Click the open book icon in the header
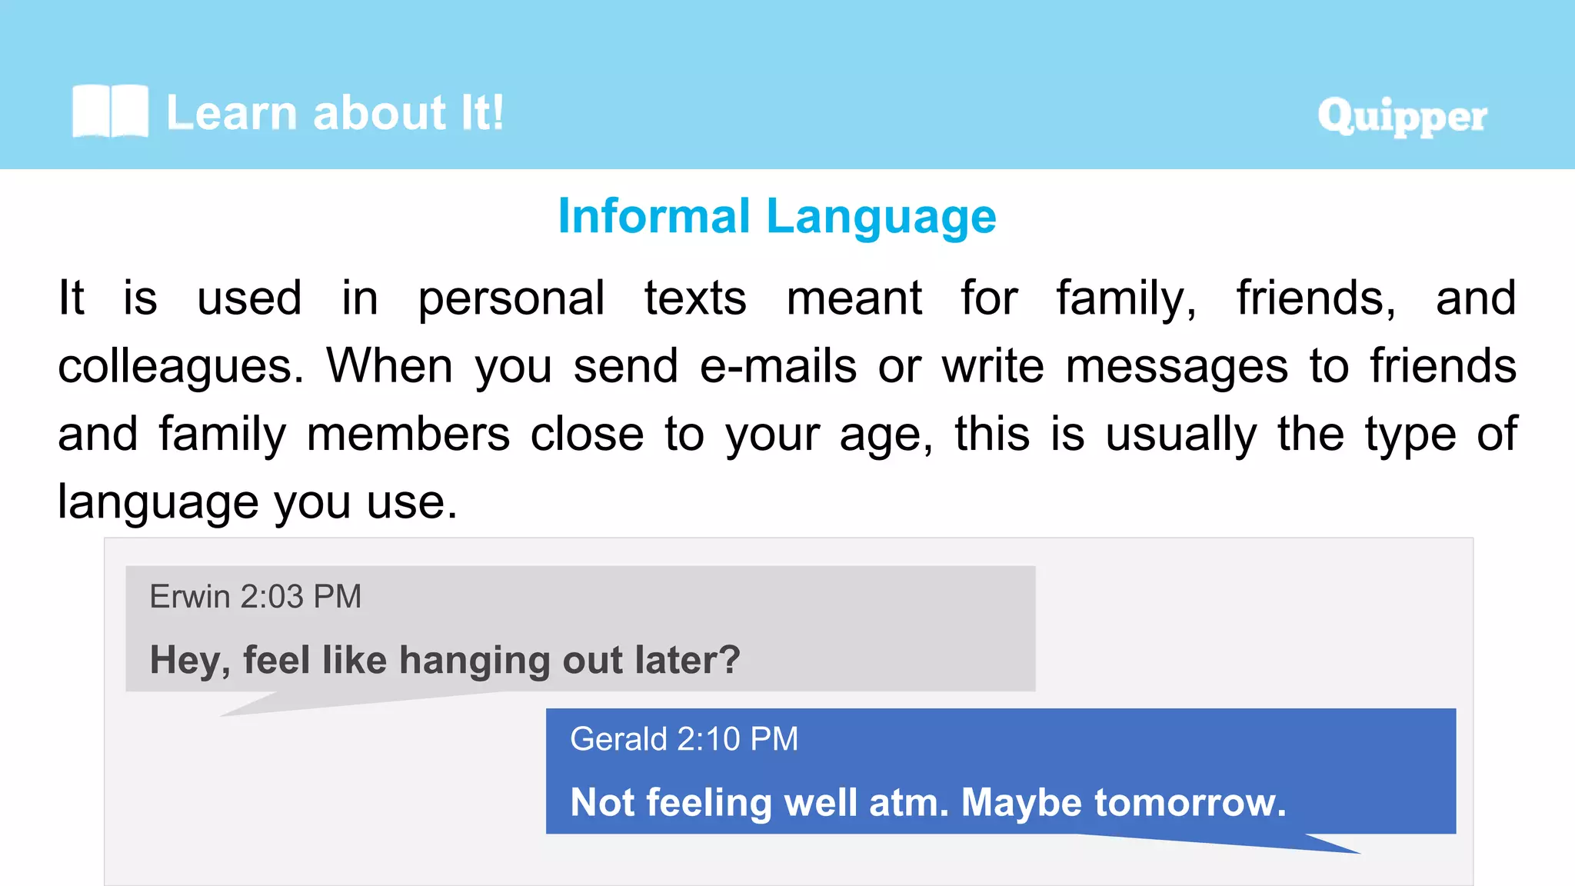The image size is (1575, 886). tap(110, 112)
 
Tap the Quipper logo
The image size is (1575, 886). tap(1402, 117)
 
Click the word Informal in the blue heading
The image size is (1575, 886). tap(654, 216)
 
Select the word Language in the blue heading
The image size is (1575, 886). tap(881, 218)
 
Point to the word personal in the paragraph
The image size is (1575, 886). tap(511, 298)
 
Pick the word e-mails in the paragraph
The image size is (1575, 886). tap(778, 366)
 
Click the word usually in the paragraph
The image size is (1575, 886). tap(1181, 435)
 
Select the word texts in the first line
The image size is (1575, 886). tap(695, 298)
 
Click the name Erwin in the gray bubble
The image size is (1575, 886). tap(190, 597)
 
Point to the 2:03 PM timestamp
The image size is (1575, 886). tap(301, 597)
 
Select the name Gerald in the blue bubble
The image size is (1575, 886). tap(618, 739)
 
